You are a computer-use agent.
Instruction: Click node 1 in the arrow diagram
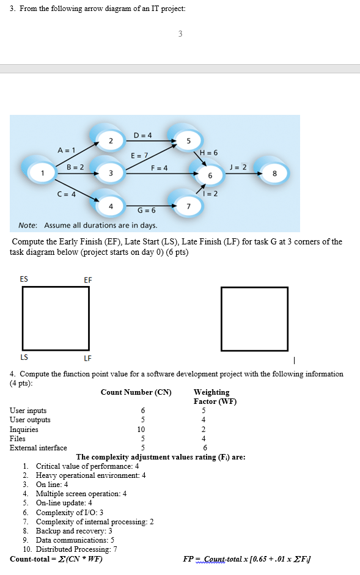point(43,174)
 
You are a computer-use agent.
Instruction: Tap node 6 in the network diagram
point(210,175)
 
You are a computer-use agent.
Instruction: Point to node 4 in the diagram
point(110,206)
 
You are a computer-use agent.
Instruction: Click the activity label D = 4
point(142,134)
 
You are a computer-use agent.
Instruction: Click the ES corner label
point(24,279)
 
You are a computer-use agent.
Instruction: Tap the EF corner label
point(88,280)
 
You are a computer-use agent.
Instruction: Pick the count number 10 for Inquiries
point(143,430)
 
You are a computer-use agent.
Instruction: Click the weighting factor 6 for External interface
point(204,448)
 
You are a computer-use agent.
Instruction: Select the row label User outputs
point(30,420)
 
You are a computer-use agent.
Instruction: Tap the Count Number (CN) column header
point(136,392)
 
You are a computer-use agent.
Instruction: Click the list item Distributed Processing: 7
point(76,549)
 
